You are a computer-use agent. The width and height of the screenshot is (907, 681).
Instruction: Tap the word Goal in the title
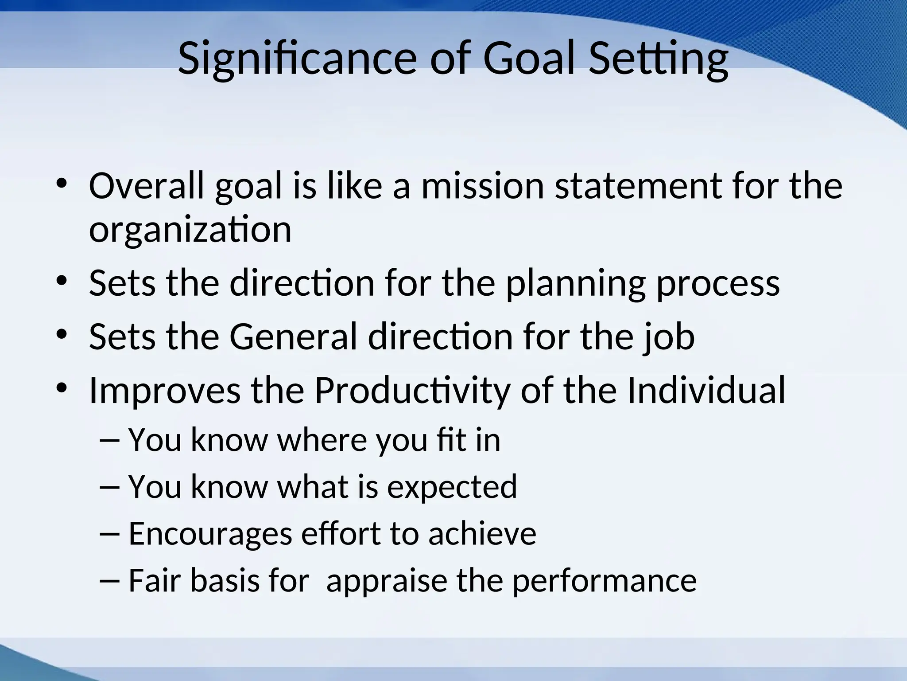(x=530, y=59)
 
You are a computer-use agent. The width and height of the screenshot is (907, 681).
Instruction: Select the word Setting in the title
(x=659, y=59)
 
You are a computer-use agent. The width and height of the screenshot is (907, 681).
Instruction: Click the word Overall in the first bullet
(x=147, y=186)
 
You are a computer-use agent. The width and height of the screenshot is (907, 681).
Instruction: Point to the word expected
(x=452, y=487)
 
